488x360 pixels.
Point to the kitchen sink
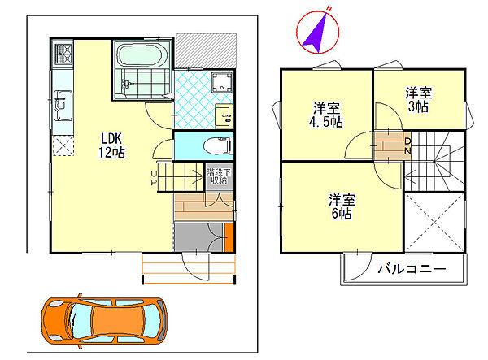(x=63, y=105)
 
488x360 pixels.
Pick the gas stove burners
(x=63, y=54)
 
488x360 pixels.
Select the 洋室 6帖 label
(x=341, y=206)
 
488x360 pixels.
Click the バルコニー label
(x=411, y=268)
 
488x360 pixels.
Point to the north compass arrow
(x=316, y=32)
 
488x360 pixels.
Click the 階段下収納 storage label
(x=217, y=176)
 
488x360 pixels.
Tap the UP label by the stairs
(x=153, y=178)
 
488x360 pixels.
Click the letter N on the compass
(x=329, y=9)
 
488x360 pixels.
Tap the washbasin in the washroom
(x=224, y=115)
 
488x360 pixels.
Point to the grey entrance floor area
(x=198, y=239)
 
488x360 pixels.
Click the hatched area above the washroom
(x=208, y=50)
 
